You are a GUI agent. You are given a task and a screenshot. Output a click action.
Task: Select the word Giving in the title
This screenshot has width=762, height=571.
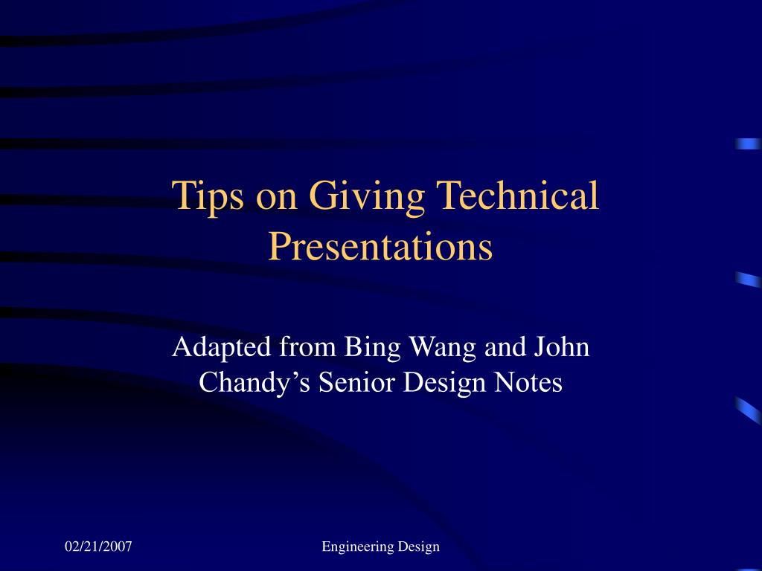(366, 197)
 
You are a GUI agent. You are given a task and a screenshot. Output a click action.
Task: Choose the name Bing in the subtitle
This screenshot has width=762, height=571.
(364, 347)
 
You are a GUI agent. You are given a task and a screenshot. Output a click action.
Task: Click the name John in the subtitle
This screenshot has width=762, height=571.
(560, 346)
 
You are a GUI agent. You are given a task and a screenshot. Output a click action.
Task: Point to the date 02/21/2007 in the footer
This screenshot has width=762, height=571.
(98, 546)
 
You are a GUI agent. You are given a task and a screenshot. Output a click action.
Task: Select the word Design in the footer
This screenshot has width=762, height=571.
(418, 546)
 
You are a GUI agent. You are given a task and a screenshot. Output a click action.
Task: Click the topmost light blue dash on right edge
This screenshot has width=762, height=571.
(748, 144)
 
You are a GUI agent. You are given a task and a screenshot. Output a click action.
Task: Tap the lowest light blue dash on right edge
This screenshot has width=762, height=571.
(748, 410)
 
